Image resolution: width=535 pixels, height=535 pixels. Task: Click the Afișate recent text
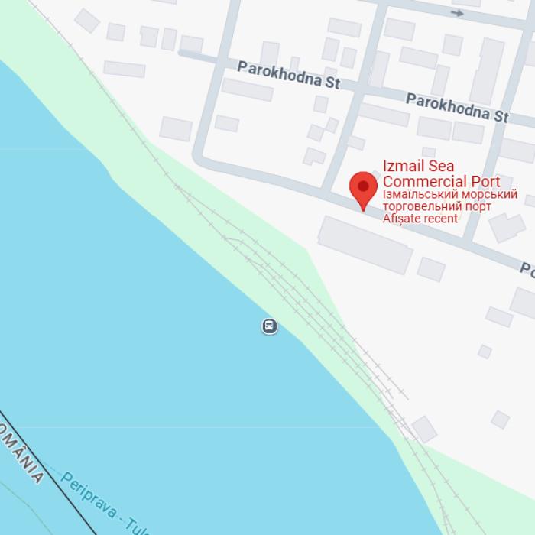[x=420, y=219]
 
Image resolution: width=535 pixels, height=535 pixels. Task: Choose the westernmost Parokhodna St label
[x=287, y=74]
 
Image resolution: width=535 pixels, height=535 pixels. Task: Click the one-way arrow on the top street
[x=457, y=13]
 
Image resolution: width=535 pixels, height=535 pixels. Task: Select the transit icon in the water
[x=269, y=326]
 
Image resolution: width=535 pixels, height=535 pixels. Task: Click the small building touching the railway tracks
[x=423, y=429]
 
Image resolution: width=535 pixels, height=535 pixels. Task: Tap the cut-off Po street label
[x=527, y=270]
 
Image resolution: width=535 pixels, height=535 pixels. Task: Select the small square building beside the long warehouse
[x=431, y=269]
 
